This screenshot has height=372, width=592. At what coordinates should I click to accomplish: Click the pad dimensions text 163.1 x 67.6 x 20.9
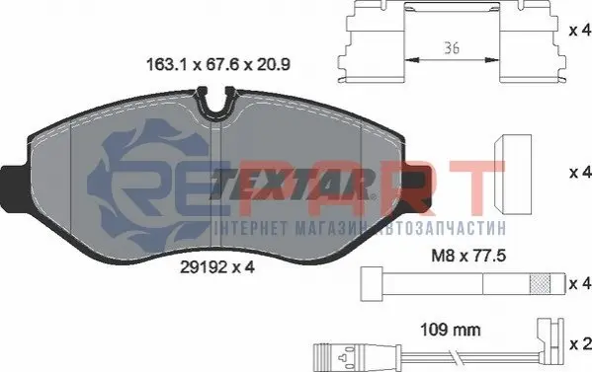click(217, 64)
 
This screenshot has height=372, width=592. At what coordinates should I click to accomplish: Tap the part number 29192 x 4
click(217, 267)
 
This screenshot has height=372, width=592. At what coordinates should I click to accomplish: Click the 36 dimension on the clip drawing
click(452, 48)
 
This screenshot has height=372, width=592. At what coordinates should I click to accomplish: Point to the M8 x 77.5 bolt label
click(468, 257)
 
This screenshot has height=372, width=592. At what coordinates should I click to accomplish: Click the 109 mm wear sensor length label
click(451, 330)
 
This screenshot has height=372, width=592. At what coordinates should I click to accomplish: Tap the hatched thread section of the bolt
click(540, 284)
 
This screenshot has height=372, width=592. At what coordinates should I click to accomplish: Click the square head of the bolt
click(372, 284)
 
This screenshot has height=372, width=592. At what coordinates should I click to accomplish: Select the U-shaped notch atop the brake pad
click(216, 101)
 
